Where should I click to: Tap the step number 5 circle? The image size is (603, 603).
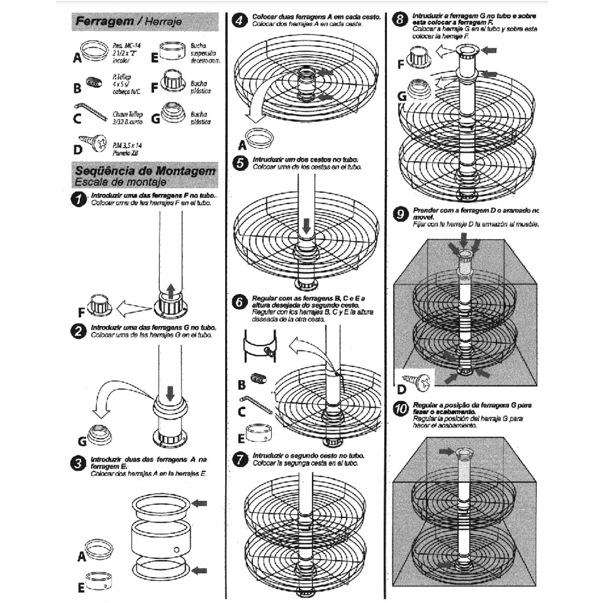point(242,163)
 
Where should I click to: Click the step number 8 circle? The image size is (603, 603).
point(400,21)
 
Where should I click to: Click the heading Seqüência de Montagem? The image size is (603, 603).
point(145,171)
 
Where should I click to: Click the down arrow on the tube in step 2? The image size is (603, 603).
point(170,392)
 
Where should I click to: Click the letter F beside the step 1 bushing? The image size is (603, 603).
point(81,313)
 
